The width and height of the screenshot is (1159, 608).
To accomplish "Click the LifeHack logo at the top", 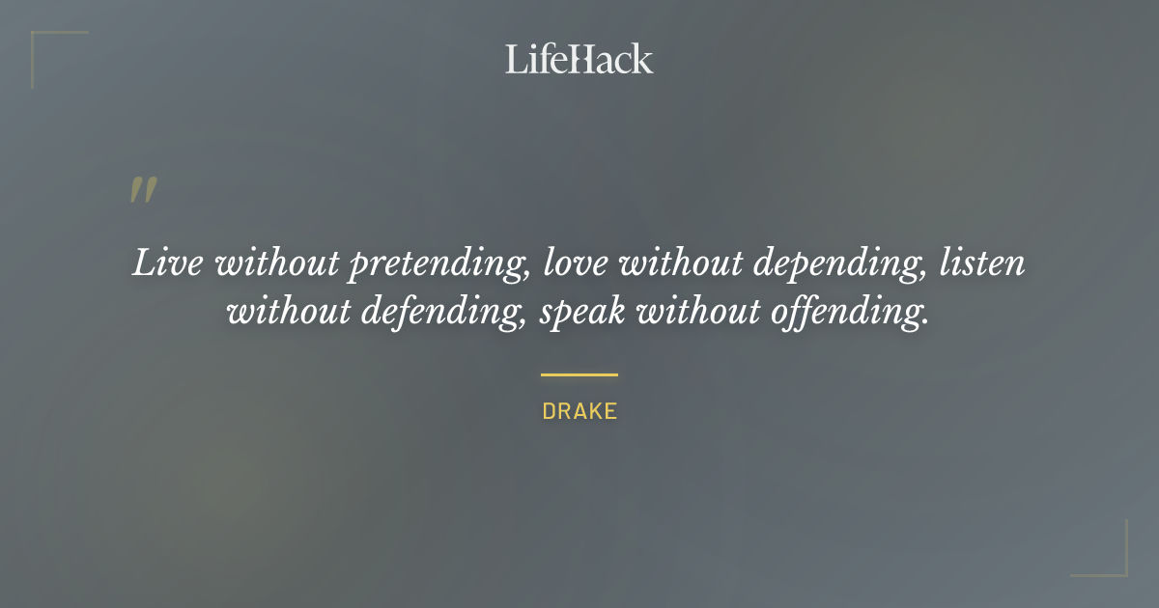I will tap(579, 59).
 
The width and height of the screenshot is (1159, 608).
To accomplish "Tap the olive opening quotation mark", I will tap(142, 190).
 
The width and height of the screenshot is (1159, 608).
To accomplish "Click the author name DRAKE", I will tap(579, 411).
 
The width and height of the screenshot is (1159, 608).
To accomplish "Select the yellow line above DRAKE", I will tap(579, 374).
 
